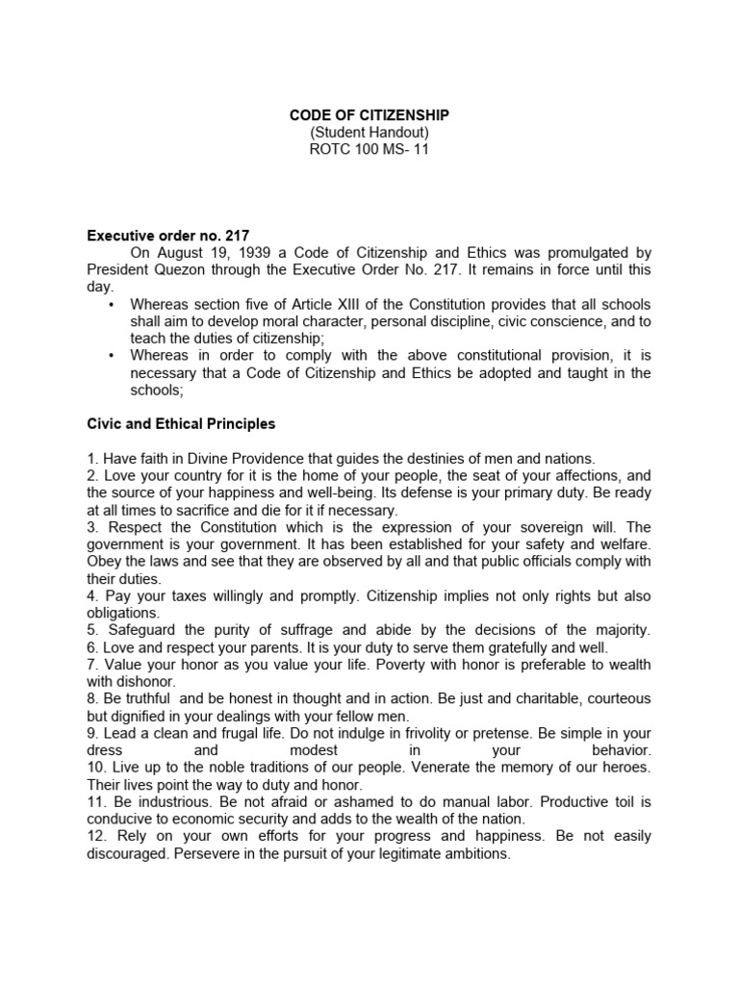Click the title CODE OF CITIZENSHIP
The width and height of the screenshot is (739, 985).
click(x=369, y=115)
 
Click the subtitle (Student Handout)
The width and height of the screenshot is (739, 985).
click(x=369, y=133)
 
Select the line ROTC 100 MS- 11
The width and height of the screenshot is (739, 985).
click(x=369, y=150)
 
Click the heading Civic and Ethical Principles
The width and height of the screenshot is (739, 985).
click(x=181, y=423)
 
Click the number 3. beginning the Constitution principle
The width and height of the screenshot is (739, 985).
click(x=93, y=528)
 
